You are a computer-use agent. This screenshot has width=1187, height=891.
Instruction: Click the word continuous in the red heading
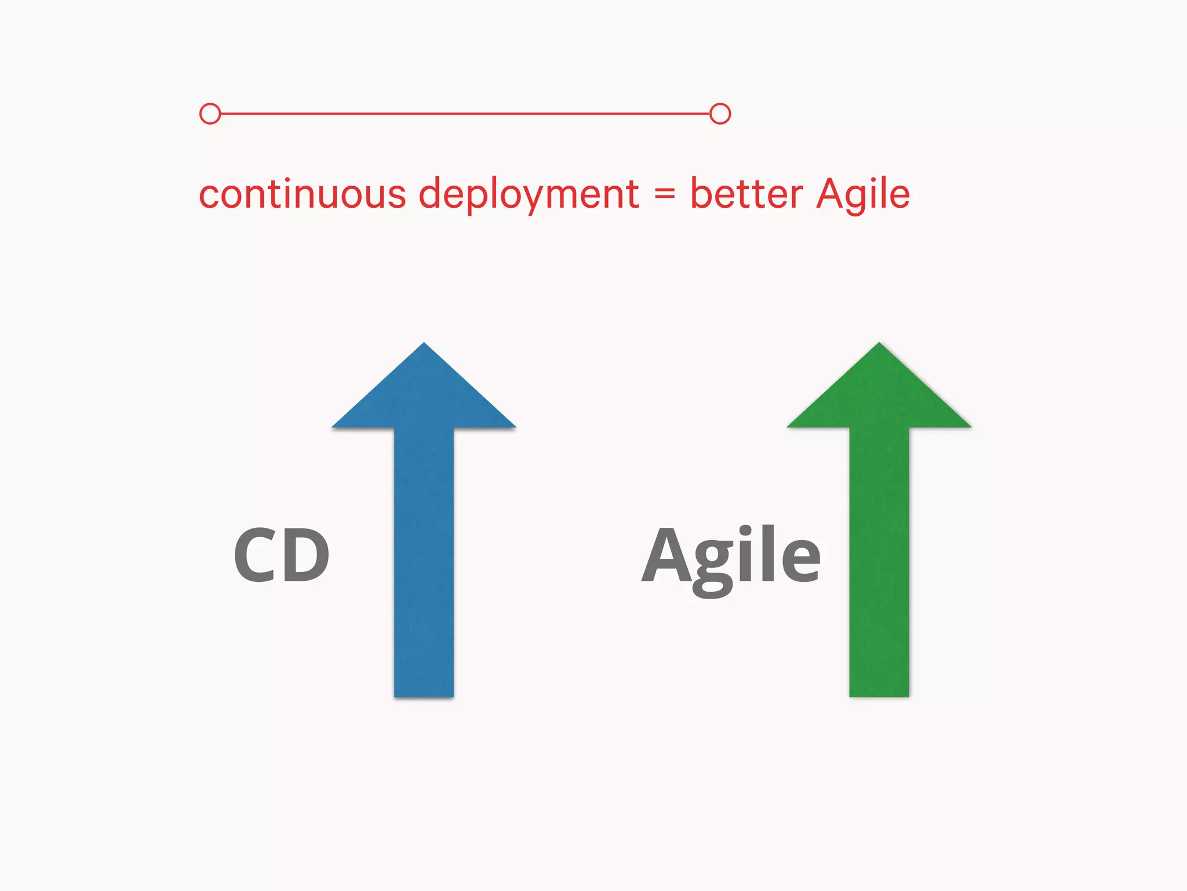point(302,194)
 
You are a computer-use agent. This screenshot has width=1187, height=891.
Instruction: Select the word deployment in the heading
point(529,195)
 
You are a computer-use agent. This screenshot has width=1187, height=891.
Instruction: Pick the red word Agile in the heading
point(863,195)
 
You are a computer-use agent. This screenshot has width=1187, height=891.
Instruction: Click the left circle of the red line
point(210,114)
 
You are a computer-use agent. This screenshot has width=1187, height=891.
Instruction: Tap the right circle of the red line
point(720,114)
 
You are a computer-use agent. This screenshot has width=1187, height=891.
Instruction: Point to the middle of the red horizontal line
point(465,114)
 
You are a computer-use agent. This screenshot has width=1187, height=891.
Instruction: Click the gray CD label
point(282,555)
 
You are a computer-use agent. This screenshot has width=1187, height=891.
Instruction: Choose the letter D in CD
point(306,555)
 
